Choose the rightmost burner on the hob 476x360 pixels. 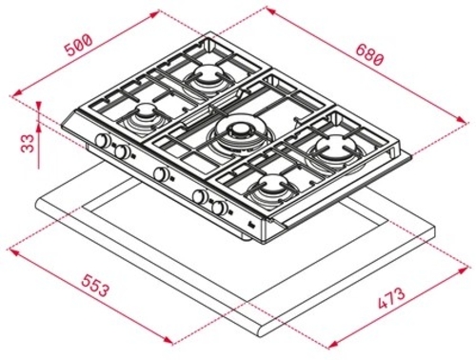tap(335, 148)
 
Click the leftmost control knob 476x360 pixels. tap(101, 142)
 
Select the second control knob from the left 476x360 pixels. tap(122, 151)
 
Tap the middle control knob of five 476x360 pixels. tap(160, 173)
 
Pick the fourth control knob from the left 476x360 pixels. tap(200, 196)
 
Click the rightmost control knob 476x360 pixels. tap(220, 208)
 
